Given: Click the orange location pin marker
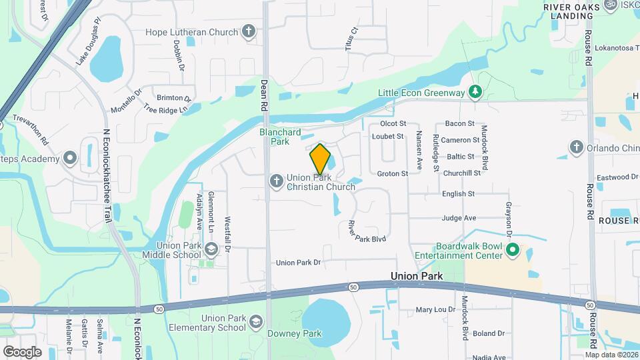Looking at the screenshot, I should pos(320,159).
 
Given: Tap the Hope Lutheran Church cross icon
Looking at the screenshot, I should pos(248,31).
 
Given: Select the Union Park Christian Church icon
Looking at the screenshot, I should pos(276,181).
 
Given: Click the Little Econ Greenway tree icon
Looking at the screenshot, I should pos(475,92).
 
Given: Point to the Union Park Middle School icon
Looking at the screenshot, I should pos(211,249).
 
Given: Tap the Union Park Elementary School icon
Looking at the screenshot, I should pos(255,323).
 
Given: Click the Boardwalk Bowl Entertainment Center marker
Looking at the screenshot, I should pos(512,250).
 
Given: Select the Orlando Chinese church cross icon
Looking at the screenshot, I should pos(576,147).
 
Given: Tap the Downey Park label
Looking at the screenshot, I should pos(295,333).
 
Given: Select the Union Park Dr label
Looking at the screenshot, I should pos(298,263).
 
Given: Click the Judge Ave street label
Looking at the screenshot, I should pos(459,218).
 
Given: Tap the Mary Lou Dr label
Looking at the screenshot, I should pos(435,309).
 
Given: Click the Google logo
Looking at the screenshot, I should pos(22,351).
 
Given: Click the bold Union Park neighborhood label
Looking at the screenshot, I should pos(417,275).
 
